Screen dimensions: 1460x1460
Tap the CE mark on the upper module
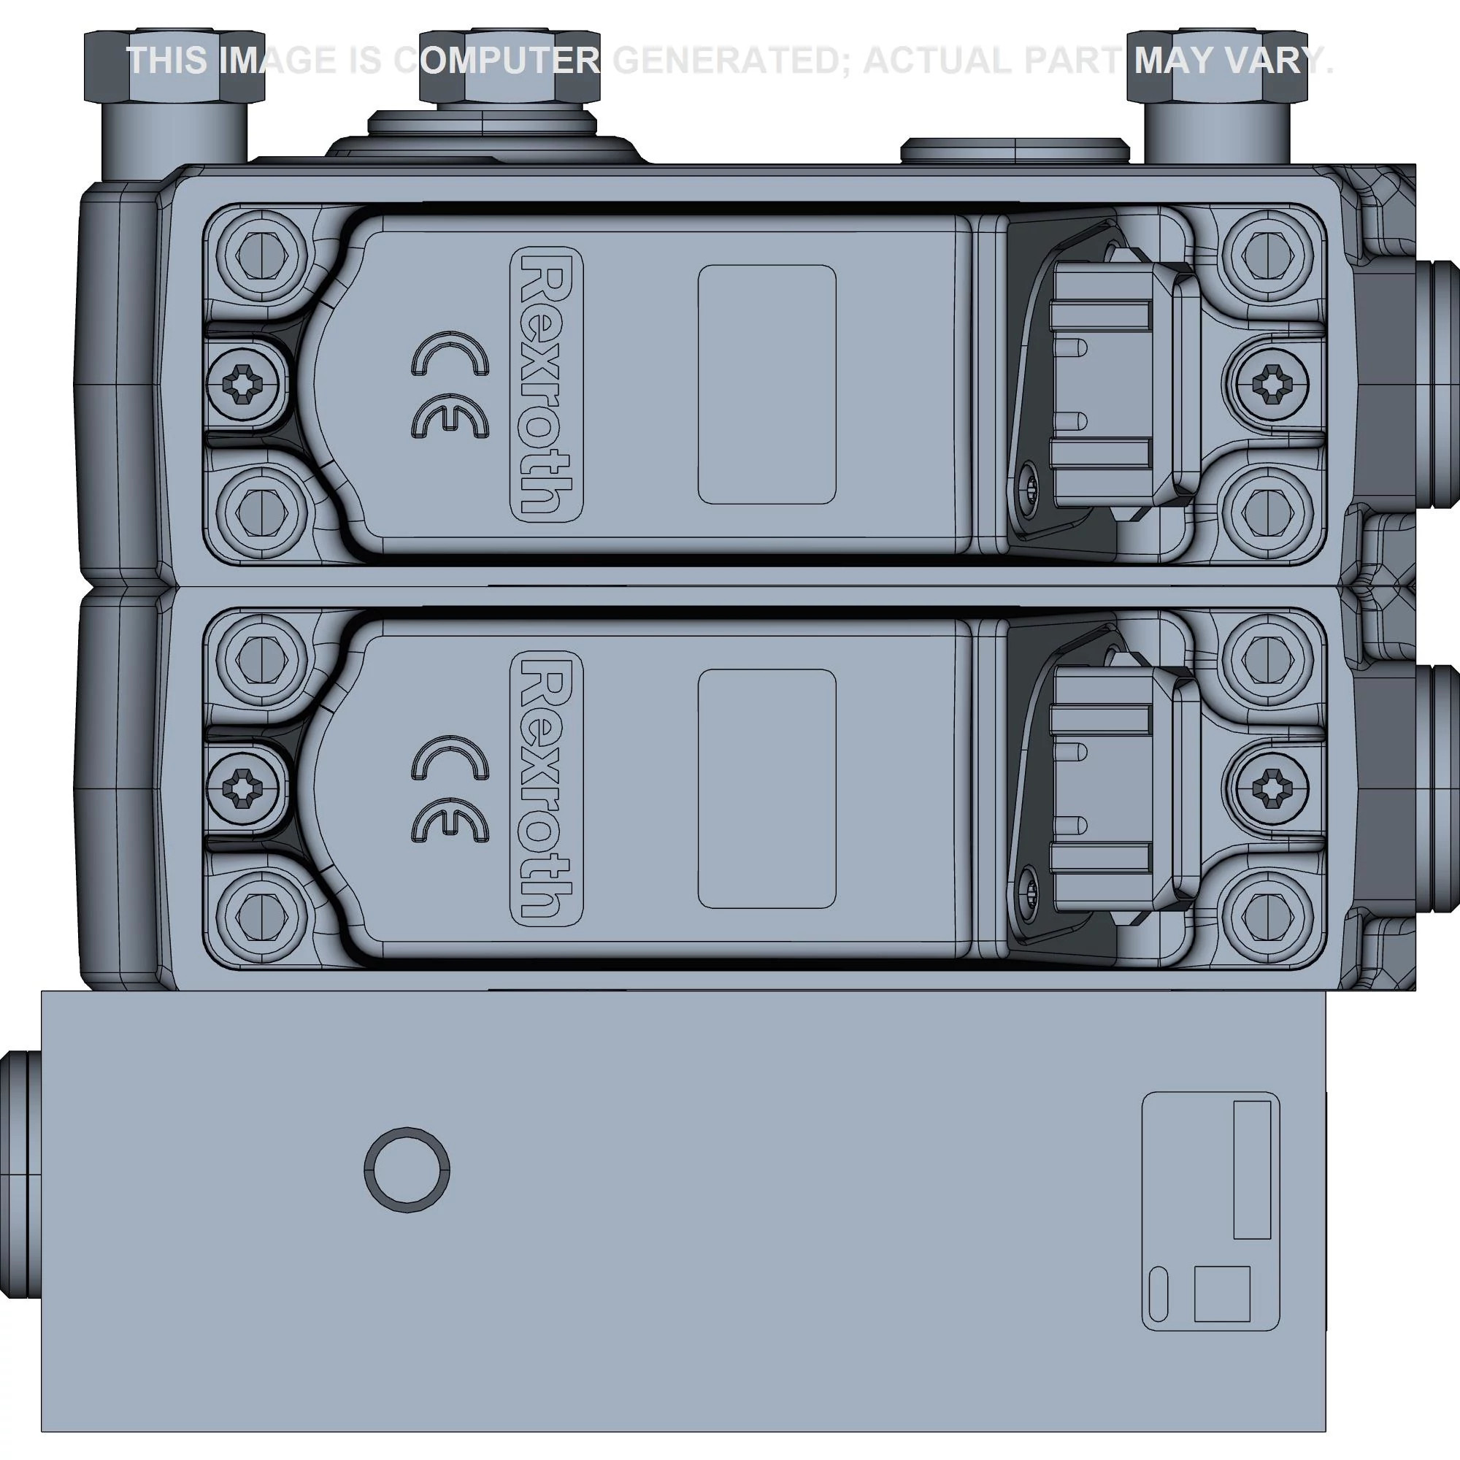450,385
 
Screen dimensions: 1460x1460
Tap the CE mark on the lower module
450,789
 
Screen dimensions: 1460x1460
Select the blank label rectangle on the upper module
766,384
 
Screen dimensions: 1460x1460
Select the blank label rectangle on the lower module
766,788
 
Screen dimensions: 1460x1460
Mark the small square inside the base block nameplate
1222,1294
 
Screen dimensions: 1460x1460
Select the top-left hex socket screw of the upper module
261,255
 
